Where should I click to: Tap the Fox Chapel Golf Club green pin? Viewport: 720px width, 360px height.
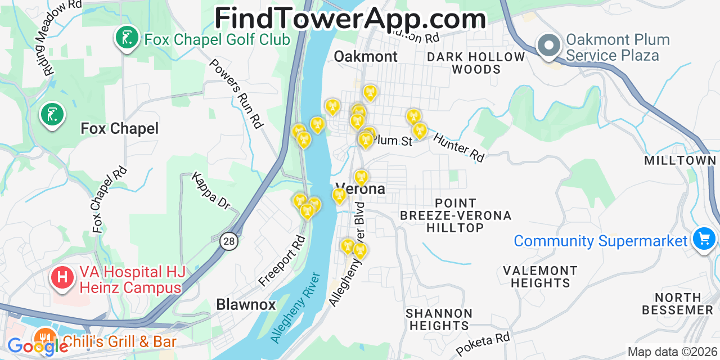click(x=127, y=38)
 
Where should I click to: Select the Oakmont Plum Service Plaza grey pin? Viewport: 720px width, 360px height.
click(x=548, y=45)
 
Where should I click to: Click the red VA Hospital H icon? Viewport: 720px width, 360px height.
click(x=62, y=277)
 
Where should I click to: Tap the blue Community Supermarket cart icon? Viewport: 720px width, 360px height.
click(x=704, y=239)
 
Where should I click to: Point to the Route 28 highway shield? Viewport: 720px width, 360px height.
click(x=229, y=241)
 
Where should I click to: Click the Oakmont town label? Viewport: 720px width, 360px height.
click(x=366, y=56)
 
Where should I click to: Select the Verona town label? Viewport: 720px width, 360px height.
click(x=360, y=189)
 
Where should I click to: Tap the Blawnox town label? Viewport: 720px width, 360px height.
click(x=246, y=305)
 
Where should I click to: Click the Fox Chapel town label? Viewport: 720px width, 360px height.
click(x=119, y=129)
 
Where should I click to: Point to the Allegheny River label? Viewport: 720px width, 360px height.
click(x=295, y=308)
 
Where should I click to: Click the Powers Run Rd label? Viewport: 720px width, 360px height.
click(x=236, y=93)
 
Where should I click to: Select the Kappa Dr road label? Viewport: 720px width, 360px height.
click(x=211, y=191)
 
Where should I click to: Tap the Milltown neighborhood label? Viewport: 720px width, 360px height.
click(x=680, y=161)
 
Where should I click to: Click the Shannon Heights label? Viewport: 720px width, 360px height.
click(x=439, y=319)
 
